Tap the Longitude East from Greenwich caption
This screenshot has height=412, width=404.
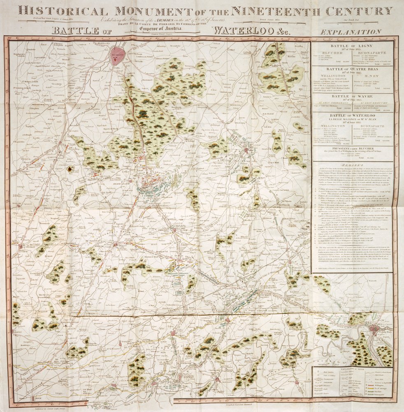pos(242,406)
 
